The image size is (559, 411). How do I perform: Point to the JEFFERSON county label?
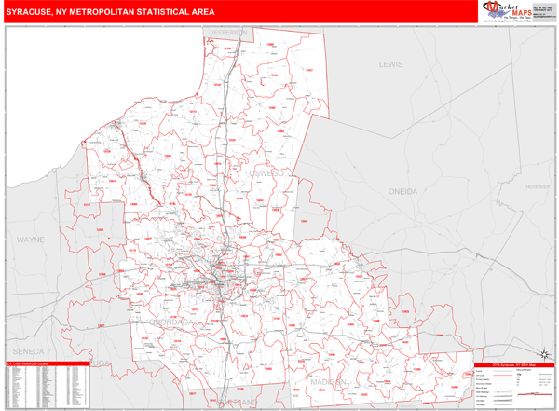pyautogui.click(x=226, y=32)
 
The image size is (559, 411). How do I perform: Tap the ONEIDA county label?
pyautogui.click(x=403, y=190)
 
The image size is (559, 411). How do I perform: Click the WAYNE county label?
pyautogui.click(x=31, y=240)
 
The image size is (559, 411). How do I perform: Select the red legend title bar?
pyautogui.click(x=513, y=364)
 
